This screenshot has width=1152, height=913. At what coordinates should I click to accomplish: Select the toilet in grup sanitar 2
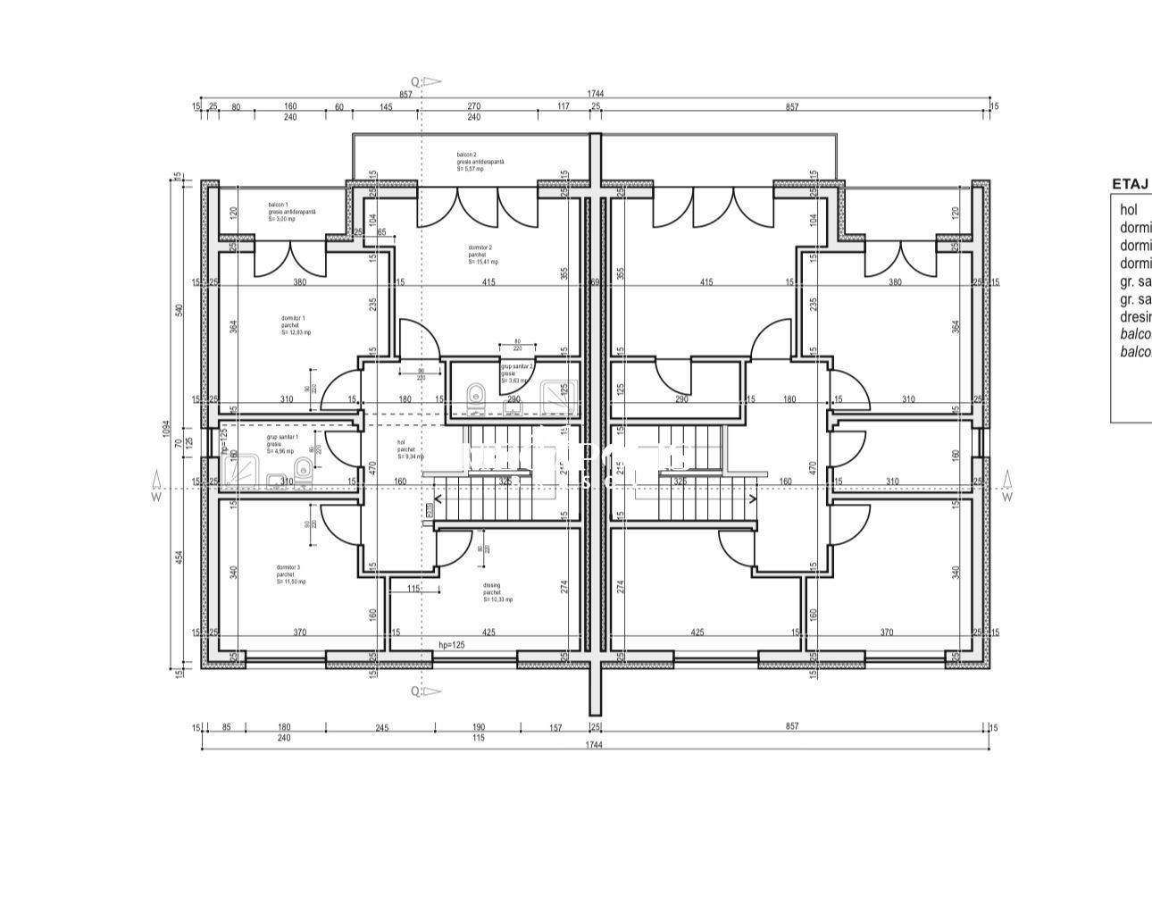tap(476, 394)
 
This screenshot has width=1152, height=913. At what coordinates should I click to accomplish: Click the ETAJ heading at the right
tap(1130, 184)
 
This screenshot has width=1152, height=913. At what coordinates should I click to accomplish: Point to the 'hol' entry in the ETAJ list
tap(1129, 210)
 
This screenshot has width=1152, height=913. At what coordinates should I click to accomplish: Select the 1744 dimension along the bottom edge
tap(594, 744)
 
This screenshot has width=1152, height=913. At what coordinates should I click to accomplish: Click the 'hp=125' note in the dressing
tap(452, 644)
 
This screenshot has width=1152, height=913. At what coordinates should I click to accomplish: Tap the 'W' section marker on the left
tap(156, 497)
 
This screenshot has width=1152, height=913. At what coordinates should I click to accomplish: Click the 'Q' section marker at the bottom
tap(415, 691)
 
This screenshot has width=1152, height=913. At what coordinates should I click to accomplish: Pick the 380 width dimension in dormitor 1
tap(300, 282)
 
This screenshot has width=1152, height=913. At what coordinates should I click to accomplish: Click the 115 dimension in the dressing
tap(413, 588)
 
